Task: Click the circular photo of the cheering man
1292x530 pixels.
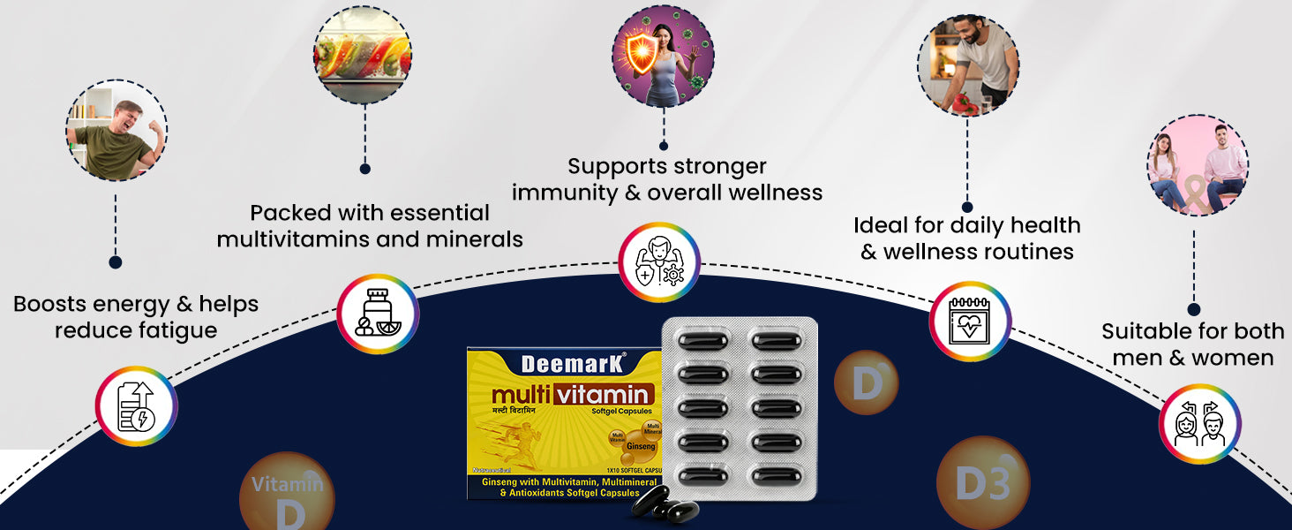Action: coord(116,131)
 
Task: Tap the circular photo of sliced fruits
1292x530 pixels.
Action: coord(364,55)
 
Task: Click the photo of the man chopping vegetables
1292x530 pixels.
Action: coord(967,65)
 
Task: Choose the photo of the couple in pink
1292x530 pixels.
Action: coord(1197,165)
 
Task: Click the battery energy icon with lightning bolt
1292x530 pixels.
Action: coord(136,406)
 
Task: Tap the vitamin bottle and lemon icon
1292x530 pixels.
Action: coord(378,314)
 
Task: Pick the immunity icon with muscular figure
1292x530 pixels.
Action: coord(658,261)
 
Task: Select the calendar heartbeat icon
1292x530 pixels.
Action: coord(969,322)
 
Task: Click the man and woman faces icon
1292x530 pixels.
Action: coord(1198,424)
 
